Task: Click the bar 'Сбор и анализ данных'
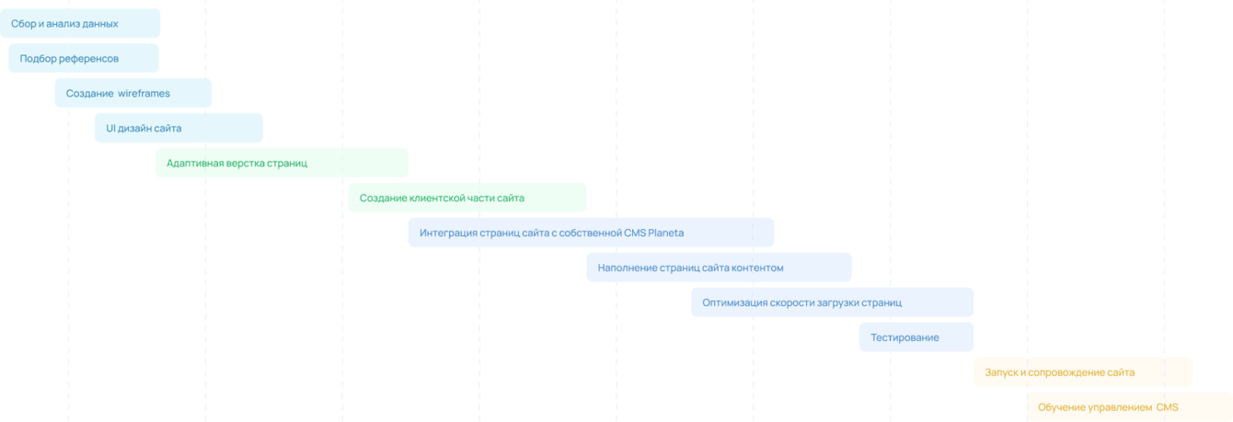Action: pos(80,24)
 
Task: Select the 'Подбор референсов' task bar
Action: pos(84,59)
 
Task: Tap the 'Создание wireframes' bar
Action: pos(133,94)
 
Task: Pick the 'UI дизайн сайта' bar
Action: pos(179,129)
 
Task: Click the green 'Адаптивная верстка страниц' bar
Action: pos(282,164)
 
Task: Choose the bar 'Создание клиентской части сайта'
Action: pos(467,199)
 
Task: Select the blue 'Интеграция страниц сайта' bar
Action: pos(591,234)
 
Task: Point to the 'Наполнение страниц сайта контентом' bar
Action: pos(719,268)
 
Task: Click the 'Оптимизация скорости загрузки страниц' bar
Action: pos(832,303)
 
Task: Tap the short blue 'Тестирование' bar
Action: pos(916,338)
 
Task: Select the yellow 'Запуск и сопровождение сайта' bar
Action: pos(1083,373)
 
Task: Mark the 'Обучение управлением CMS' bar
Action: pos(1129,407)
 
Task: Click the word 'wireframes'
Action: pos(144,94)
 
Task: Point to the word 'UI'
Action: pos(111,129)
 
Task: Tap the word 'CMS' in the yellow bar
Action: pos(1168,407)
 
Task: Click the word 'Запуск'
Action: pos(1001,373)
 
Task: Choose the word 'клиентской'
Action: pos(432,199)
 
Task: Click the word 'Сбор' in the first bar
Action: pos(22,24)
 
